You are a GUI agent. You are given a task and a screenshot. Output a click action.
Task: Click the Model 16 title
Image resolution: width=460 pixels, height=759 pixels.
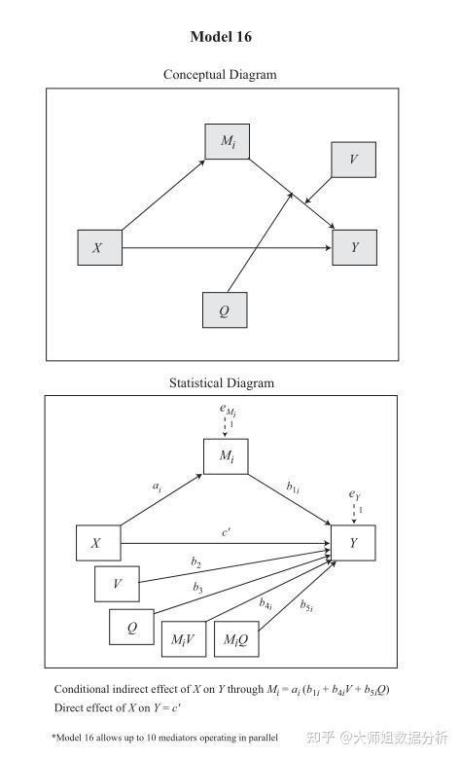220,37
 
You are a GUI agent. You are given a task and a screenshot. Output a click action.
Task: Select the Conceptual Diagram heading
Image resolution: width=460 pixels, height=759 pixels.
220,75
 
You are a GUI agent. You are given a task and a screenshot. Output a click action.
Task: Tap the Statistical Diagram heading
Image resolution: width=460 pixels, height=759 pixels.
222,383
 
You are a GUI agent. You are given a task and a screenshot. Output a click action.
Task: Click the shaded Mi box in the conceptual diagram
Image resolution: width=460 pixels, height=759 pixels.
228,142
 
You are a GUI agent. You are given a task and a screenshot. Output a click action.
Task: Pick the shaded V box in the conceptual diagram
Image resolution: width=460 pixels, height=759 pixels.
353,160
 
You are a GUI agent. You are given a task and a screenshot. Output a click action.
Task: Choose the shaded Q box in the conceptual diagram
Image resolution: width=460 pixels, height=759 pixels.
225,311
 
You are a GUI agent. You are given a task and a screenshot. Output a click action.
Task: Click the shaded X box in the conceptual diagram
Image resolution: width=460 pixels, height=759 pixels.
99,248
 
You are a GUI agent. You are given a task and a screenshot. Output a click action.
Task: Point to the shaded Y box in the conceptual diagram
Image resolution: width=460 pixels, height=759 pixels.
354,248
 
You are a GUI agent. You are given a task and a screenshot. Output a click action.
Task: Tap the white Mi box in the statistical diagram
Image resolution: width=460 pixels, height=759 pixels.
226,456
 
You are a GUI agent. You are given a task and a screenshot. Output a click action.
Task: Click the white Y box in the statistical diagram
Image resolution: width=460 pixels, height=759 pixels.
353,543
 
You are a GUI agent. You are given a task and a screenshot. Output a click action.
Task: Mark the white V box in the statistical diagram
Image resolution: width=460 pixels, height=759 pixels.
117,584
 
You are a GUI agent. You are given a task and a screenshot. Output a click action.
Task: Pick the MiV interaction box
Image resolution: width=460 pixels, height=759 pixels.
184,638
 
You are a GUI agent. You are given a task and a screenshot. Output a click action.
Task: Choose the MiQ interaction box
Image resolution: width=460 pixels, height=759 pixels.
236,638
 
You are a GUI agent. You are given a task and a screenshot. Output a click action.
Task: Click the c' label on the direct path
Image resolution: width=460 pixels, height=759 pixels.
227,531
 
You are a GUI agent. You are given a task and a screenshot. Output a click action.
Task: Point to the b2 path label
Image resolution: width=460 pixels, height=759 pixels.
196,563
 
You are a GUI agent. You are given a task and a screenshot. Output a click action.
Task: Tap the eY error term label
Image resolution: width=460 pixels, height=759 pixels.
354,495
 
